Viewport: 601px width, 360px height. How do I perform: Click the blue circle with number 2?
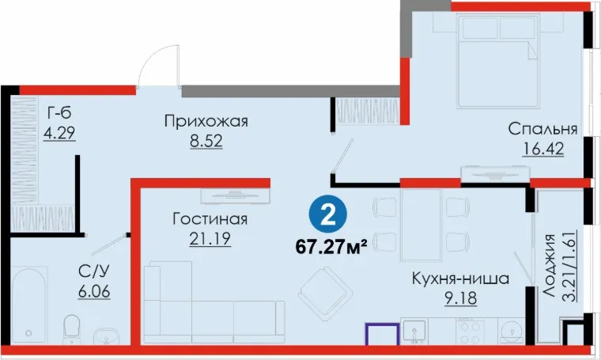(x=327, y=215)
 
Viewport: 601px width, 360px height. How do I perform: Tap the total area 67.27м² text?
(x=331, y=248)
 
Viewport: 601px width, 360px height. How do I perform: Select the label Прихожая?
(x=206, y=122)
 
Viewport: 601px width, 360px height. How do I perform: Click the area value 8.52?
(x=206, y=141)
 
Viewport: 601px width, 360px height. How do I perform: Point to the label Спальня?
(x=542, y=129)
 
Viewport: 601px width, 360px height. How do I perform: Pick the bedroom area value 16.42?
(x=543, y=149)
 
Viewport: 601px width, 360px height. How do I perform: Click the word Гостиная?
(x=210, y=219)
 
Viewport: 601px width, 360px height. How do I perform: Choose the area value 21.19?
(x=210, y=239)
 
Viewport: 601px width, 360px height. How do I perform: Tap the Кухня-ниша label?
(x=460, y=279)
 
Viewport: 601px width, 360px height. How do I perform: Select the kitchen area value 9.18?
(x=461, y=298)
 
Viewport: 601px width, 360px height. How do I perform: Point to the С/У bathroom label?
(x=94, y=272)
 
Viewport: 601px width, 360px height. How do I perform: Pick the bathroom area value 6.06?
(x=94, y=292)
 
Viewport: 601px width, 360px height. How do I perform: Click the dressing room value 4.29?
(x=59, y=133)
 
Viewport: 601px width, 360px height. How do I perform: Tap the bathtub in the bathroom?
(x=29, y=305)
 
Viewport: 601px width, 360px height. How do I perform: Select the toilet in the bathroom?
(x=71, y=329)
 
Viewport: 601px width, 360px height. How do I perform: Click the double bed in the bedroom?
(x=499, y=61)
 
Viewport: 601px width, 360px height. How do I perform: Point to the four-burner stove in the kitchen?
(x=471, y=332)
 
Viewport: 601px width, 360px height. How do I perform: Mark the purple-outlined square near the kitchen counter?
(x=382, y=335)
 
